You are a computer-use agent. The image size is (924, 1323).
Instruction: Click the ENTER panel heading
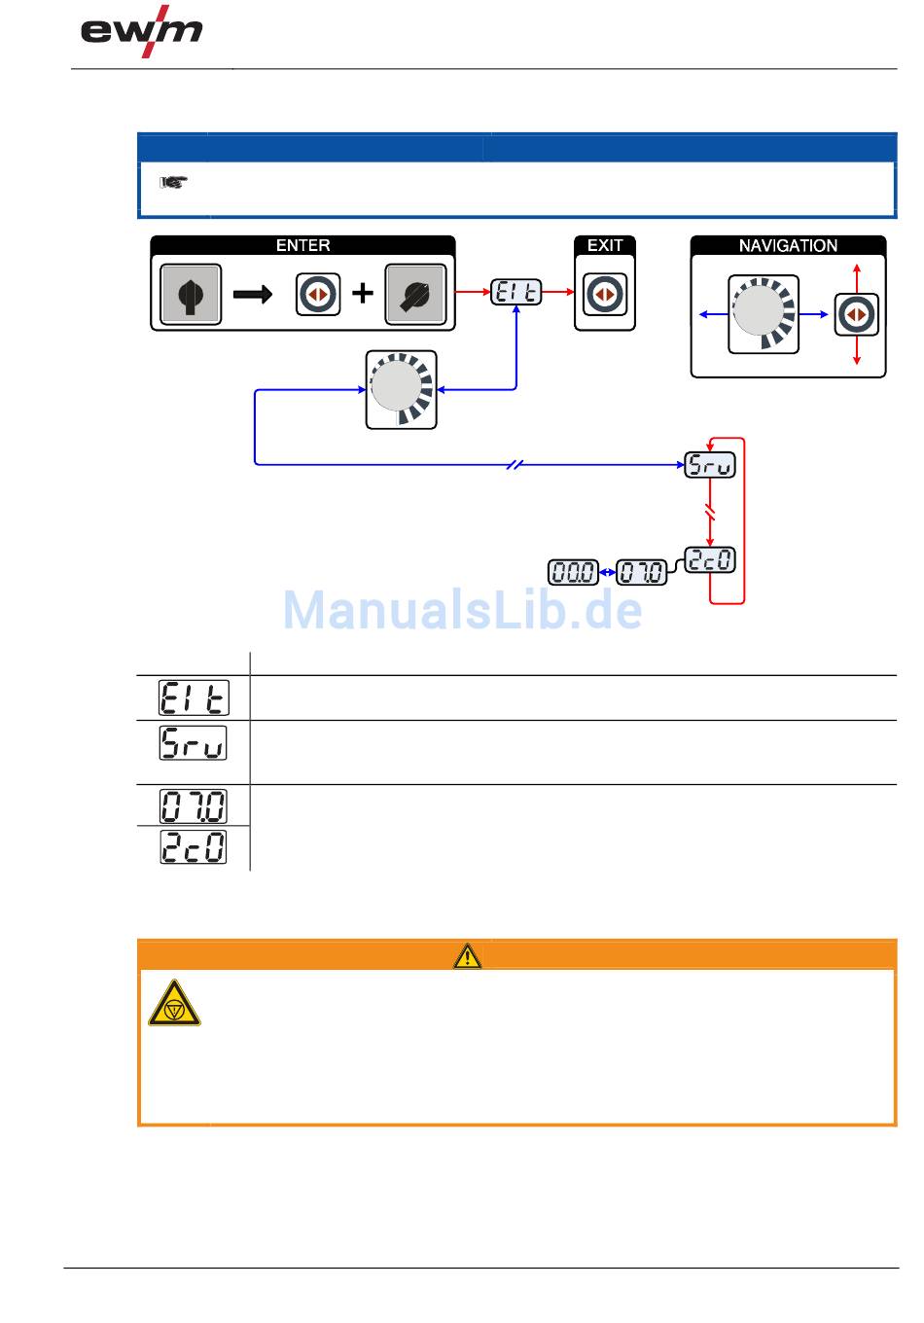[302, 246]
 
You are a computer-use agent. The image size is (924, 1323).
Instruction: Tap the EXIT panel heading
[604, 246]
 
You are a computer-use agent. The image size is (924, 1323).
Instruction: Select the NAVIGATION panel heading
[788, 246]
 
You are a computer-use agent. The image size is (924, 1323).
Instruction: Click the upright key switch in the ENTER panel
[191, 293]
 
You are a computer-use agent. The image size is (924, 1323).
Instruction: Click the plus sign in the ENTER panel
[362, 293]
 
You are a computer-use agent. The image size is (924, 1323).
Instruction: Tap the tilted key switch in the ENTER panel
[416, 293]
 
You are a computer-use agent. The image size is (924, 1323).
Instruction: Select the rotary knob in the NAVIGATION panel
[764, 314]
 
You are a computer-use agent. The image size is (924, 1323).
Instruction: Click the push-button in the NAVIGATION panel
[856, 314]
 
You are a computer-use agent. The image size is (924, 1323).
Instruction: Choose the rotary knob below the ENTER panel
[401, 389]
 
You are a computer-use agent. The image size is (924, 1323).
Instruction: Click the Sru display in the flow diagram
[710, 465]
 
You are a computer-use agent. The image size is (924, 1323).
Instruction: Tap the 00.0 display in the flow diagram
[573, 572]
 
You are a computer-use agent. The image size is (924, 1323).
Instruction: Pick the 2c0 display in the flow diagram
[710, 560]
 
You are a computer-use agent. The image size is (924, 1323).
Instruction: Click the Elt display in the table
[193, 697]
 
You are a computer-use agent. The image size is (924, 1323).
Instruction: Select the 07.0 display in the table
[193, 805]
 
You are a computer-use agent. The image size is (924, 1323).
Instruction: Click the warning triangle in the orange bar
[467, 955]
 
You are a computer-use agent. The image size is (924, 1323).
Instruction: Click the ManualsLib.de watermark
[463, 611]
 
